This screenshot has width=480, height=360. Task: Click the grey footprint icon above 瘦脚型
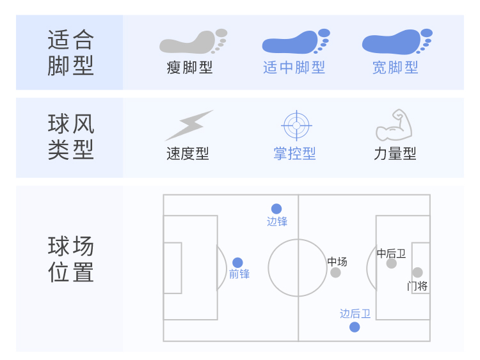192,41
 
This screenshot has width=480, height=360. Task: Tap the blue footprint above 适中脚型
295,42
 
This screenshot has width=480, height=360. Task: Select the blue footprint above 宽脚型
396,42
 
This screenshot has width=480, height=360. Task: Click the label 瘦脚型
189,67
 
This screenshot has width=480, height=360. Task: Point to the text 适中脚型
294,67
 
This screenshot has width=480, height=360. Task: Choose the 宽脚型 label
396,67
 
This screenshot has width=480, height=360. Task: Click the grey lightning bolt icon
189,125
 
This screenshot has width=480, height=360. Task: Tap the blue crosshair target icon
295,125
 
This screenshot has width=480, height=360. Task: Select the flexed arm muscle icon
393,125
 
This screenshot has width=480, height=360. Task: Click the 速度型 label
188,153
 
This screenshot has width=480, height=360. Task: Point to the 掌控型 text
294,153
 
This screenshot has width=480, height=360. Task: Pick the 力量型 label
395,153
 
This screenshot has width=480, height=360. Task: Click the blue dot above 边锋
276,208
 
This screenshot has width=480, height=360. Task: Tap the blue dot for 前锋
237,262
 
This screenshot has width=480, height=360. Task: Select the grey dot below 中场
335,273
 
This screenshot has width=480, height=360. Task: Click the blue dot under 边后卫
355,327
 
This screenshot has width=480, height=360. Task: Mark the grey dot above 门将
417,272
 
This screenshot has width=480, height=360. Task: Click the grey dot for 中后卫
392,263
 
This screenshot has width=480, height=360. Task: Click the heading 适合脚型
70,52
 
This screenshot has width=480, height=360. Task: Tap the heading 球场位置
70,259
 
